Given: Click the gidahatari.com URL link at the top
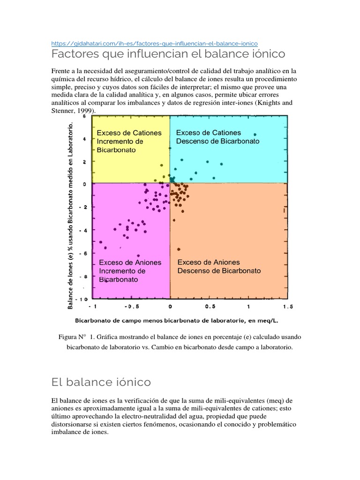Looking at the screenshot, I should [154, 43].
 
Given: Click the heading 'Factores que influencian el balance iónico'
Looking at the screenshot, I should [168, 54].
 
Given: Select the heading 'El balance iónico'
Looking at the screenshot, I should [101, 382].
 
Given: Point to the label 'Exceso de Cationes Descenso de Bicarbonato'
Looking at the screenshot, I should [217, 137].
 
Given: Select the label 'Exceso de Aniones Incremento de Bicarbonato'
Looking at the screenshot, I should [129, 271].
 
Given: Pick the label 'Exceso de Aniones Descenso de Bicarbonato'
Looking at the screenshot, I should [219, 266].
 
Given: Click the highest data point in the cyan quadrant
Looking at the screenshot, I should [255, 135].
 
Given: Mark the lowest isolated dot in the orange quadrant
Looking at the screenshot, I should [179, 249].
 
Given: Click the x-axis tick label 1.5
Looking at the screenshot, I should [287, 307].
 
